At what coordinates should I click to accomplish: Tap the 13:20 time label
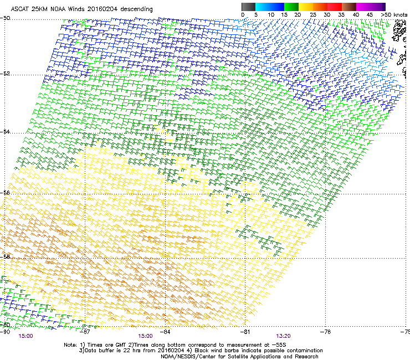pos(284,336)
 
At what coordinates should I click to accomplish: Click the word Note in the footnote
pos(70,344)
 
